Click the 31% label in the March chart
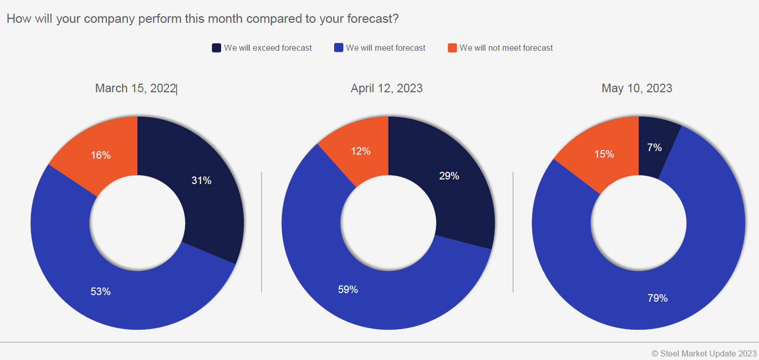pos(201,181)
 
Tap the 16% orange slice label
pos(100,155)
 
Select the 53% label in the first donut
pos(100,292)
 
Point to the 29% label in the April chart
pos(449,176)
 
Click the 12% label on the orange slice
pos(360,151)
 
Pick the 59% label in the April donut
pos(348,290)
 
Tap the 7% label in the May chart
pos(654,148)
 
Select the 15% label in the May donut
pos(604,154)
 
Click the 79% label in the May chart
pos(658,298)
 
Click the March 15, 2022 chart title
pos(135,88)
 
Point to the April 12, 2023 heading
pos(387,88)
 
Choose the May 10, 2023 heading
pos(637,88)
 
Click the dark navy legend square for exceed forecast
pos(216,48)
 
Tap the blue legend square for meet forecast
pos(339,48)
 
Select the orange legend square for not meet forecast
pos(452,48)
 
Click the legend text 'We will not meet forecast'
pos(506,48)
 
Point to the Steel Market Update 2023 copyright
pos(704,353)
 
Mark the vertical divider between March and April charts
pos(262,232)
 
